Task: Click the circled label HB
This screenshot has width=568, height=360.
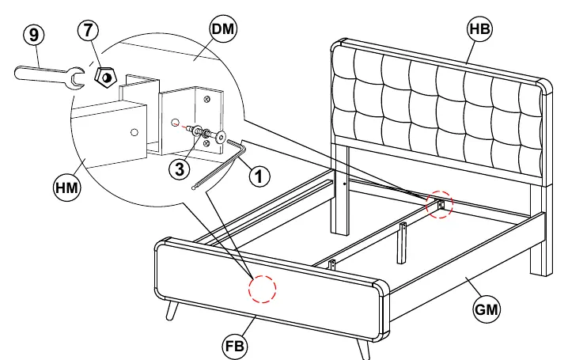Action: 480,28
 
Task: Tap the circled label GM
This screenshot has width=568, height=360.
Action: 487,309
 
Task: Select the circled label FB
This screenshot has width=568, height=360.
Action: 235,346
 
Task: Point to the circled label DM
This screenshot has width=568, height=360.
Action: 223,29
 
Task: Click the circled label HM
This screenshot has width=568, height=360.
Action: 66,188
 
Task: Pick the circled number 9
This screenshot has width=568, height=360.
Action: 34,35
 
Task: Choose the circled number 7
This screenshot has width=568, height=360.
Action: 88,30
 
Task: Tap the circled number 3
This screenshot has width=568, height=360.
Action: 180,169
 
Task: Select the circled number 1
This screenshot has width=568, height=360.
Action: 259,177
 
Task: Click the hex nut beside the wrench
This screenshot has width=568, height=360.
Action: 105,78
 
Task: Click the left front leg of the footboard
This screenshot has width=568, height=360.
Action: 172,311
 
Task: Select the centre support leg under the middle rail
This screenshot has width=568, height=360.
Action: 403,244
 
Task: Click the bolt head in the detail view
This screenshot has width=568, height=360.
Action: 221,138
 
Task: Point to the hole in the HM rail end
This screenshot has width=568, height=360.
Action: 134,133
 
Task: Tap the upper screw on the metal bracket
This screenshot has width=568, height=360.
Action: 206,99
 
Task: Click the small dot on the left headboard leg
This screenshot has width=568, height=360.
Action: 344,184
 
